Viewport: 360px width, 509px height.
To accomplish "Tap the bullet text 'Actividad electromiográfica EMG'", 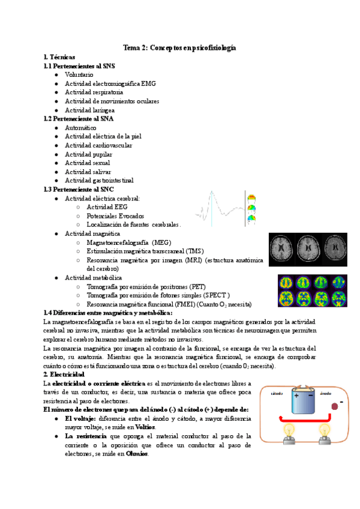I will pyautogui.click(x=110, y=83).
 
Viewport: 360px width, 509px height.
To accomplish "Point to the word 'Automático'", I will pyautogui.click(x=80, y=128).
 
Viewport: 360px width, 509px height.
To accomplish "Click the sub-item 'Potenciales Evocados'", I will pyautogui.click(x=115, y=216).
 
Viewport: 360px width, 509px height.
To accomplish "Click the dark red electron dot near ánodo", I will pyautogui.click(x=335, y=406).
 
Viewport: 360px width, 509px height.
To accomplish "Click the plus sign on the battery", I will pyautogui.click(x=296, y=395).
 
